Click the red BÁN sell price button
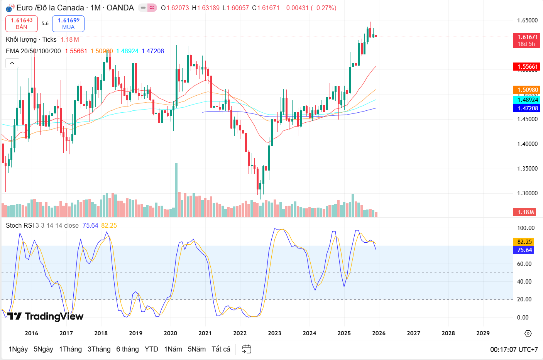tap(22, 24)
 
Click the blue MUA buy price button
tap(68, 24)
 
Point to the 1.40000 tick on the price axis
tap(527, 144)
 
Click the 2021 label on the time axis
tap(205, 333)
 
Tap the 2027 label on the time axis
tap(413, 333)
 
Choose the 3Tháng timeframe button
tap(99, 349)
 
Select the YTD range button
tap(151, 349)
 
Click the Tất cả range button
tap(221, 349)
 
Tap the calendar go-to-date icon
tap(247, 349)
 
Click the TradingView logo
tap(46, 316)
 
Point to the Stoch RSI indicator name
tap(20, 225)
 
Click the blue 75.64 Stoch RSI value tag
tap(524, 250)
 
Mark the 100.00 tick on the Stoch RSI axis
tap(526, 228)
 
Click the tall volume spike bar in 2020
tap(176, 189)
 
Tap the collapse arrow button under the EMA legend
tap(12, 63)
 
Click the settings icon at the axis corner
tap(528, 333)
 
